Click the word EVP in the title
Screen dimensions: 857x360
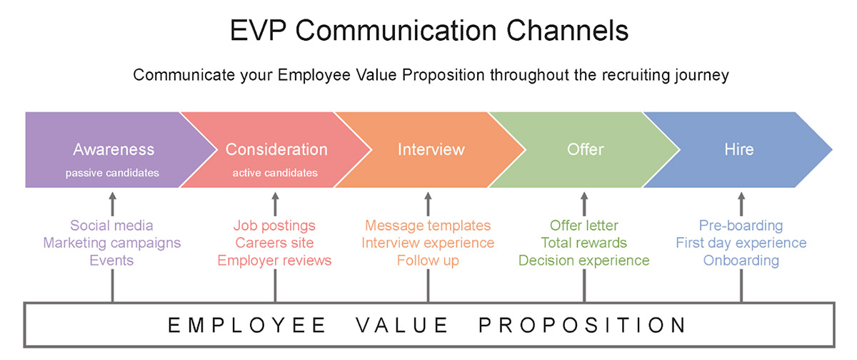pyautogui.click(x=258, y=31)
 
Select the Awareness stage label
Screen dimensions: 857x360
pyautogui.click(x=114, y=149)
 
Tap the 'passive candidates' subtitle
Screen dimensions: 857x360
pyautogui.click(x=112, y=173)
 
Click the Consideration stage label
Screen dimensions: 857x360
pyautogui.click(x=276, y=149)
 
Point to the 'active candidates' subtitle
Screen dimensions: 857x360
pyautogui.click(x=275, y=173)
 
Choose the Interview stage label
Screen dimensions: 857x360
pyautogui.click(x=431, y=149)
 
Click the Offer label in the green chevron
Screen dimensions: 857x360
pyautogui.click(x=586, y=149)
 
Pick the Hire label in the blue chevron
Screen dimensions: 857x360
pyautogui.click(x=739, y=149)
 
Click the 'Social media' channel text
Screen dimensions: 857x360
pyautogui.click(x=111, y=225)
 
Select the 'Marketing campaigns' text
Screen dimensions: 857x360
pyautogui.click(x=111, y=243)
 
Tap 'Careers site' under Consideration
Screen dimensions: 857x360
pyautogui.click(x=274, y=243)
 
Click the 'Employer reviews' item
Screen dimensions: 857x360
pyautogui.click(x=274, y=261)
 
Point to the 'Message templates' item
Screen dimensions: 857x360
pyautogui.click(x=428, y=225)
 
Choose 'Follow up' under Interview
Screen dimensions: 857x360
pyautogui.click(x=428, y=261)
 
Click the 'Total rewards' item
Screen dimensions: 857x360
pyautogui.click(x=584, y=243)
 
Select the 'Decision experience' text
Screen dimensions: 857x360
pyautogui.click(x=584, y=261)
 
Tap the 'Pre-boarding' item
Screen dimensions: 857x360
pyautogui.click(x=741, y=225)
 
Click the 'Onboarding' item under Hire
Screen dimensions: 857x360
pyautogui.click(x=741, y=261)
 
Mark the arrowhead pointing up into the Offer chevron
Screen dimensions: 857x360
pyautogui.click(x=584, y=196)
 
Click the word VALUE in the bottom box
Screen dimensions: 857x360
pyautogui.click(x=402, y=325)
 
